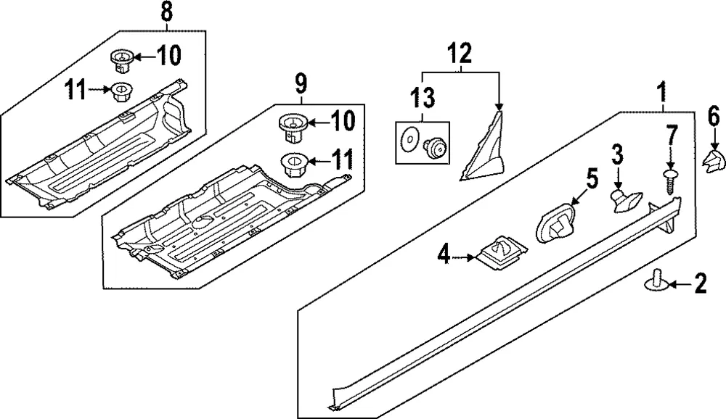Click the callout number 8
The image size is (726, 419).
[x=167, y=12]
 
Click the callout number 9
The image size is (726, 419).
[x=301, y=84]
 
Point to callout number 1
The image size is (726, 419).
[x=663, y=92]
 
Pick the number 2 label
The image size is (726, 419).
[x=700, y=283]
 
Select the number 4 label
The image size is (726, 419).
[x=444, y=254]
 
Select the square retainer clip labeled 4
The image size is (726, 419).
[x=502, y=254]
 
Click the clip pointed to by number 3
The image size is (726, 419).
[x=626, y=201]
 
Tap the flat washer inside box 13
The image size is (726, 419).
[x=409, y=138]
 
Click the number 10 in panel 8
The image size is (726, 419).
[x=168, y=56]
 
